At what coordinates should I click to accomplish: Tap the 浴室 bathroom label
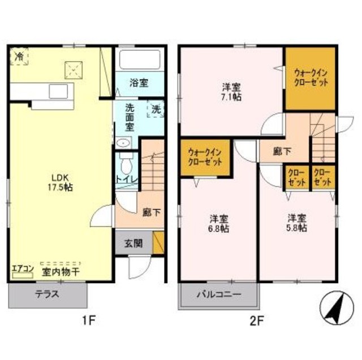coord(139,83)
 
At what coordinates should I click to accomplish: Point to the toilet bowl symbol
coord(126,166)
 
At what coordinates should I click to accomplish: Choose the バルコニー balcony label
coord(219,294)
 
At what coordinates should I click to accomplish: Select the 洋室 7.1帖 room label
coord(232,92)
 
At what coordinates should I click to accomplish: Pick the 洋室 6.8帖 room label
coord(219,224)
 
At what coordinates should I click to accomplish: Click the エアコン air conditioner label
coord(23,269)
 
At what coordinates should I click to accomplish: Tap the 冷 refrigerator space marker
coord(20,56)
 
